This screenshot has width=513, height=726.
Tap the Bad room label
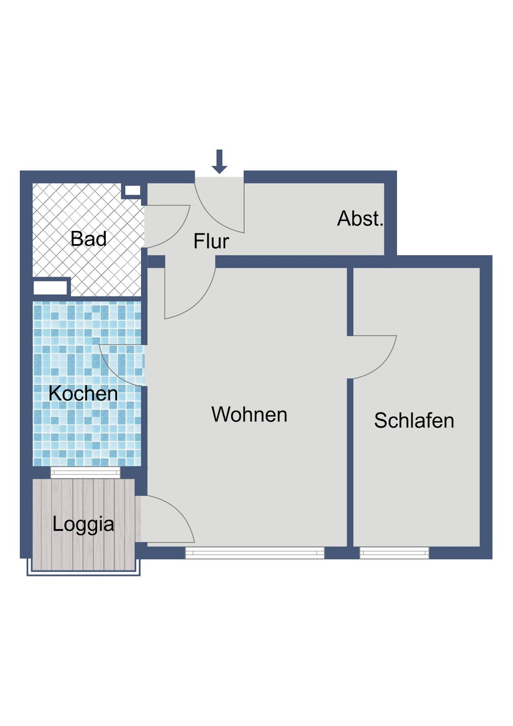click(89, 239)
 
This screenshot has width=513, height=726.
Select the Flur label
click(211, 241)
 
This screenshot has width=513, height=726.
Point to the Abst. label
click(360, 219)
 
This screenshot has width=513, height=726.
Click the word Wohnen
click(249, 415)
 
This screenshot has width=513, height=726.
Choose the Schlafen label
click(414, 421)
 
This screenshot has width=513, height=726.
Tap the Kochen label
click(83, 394)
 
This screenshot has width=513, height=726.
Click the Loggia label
click(83, 524)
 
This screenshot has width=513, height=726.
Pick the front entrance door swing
click(218, 205)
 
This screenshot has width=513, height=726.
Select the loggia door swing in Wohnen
click(169, 518)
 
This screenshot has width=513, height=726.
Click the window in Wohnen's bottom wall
click(254, 553)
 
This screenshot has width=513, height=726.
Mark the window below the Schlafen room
click(394, 553)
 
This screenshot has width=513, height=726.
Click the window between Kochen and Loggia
click(85, 473)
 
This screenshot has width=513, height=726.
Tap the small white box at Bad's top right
click(132, 191)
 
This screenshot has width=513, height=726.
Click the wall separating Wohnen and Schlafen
click(350, 462)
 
